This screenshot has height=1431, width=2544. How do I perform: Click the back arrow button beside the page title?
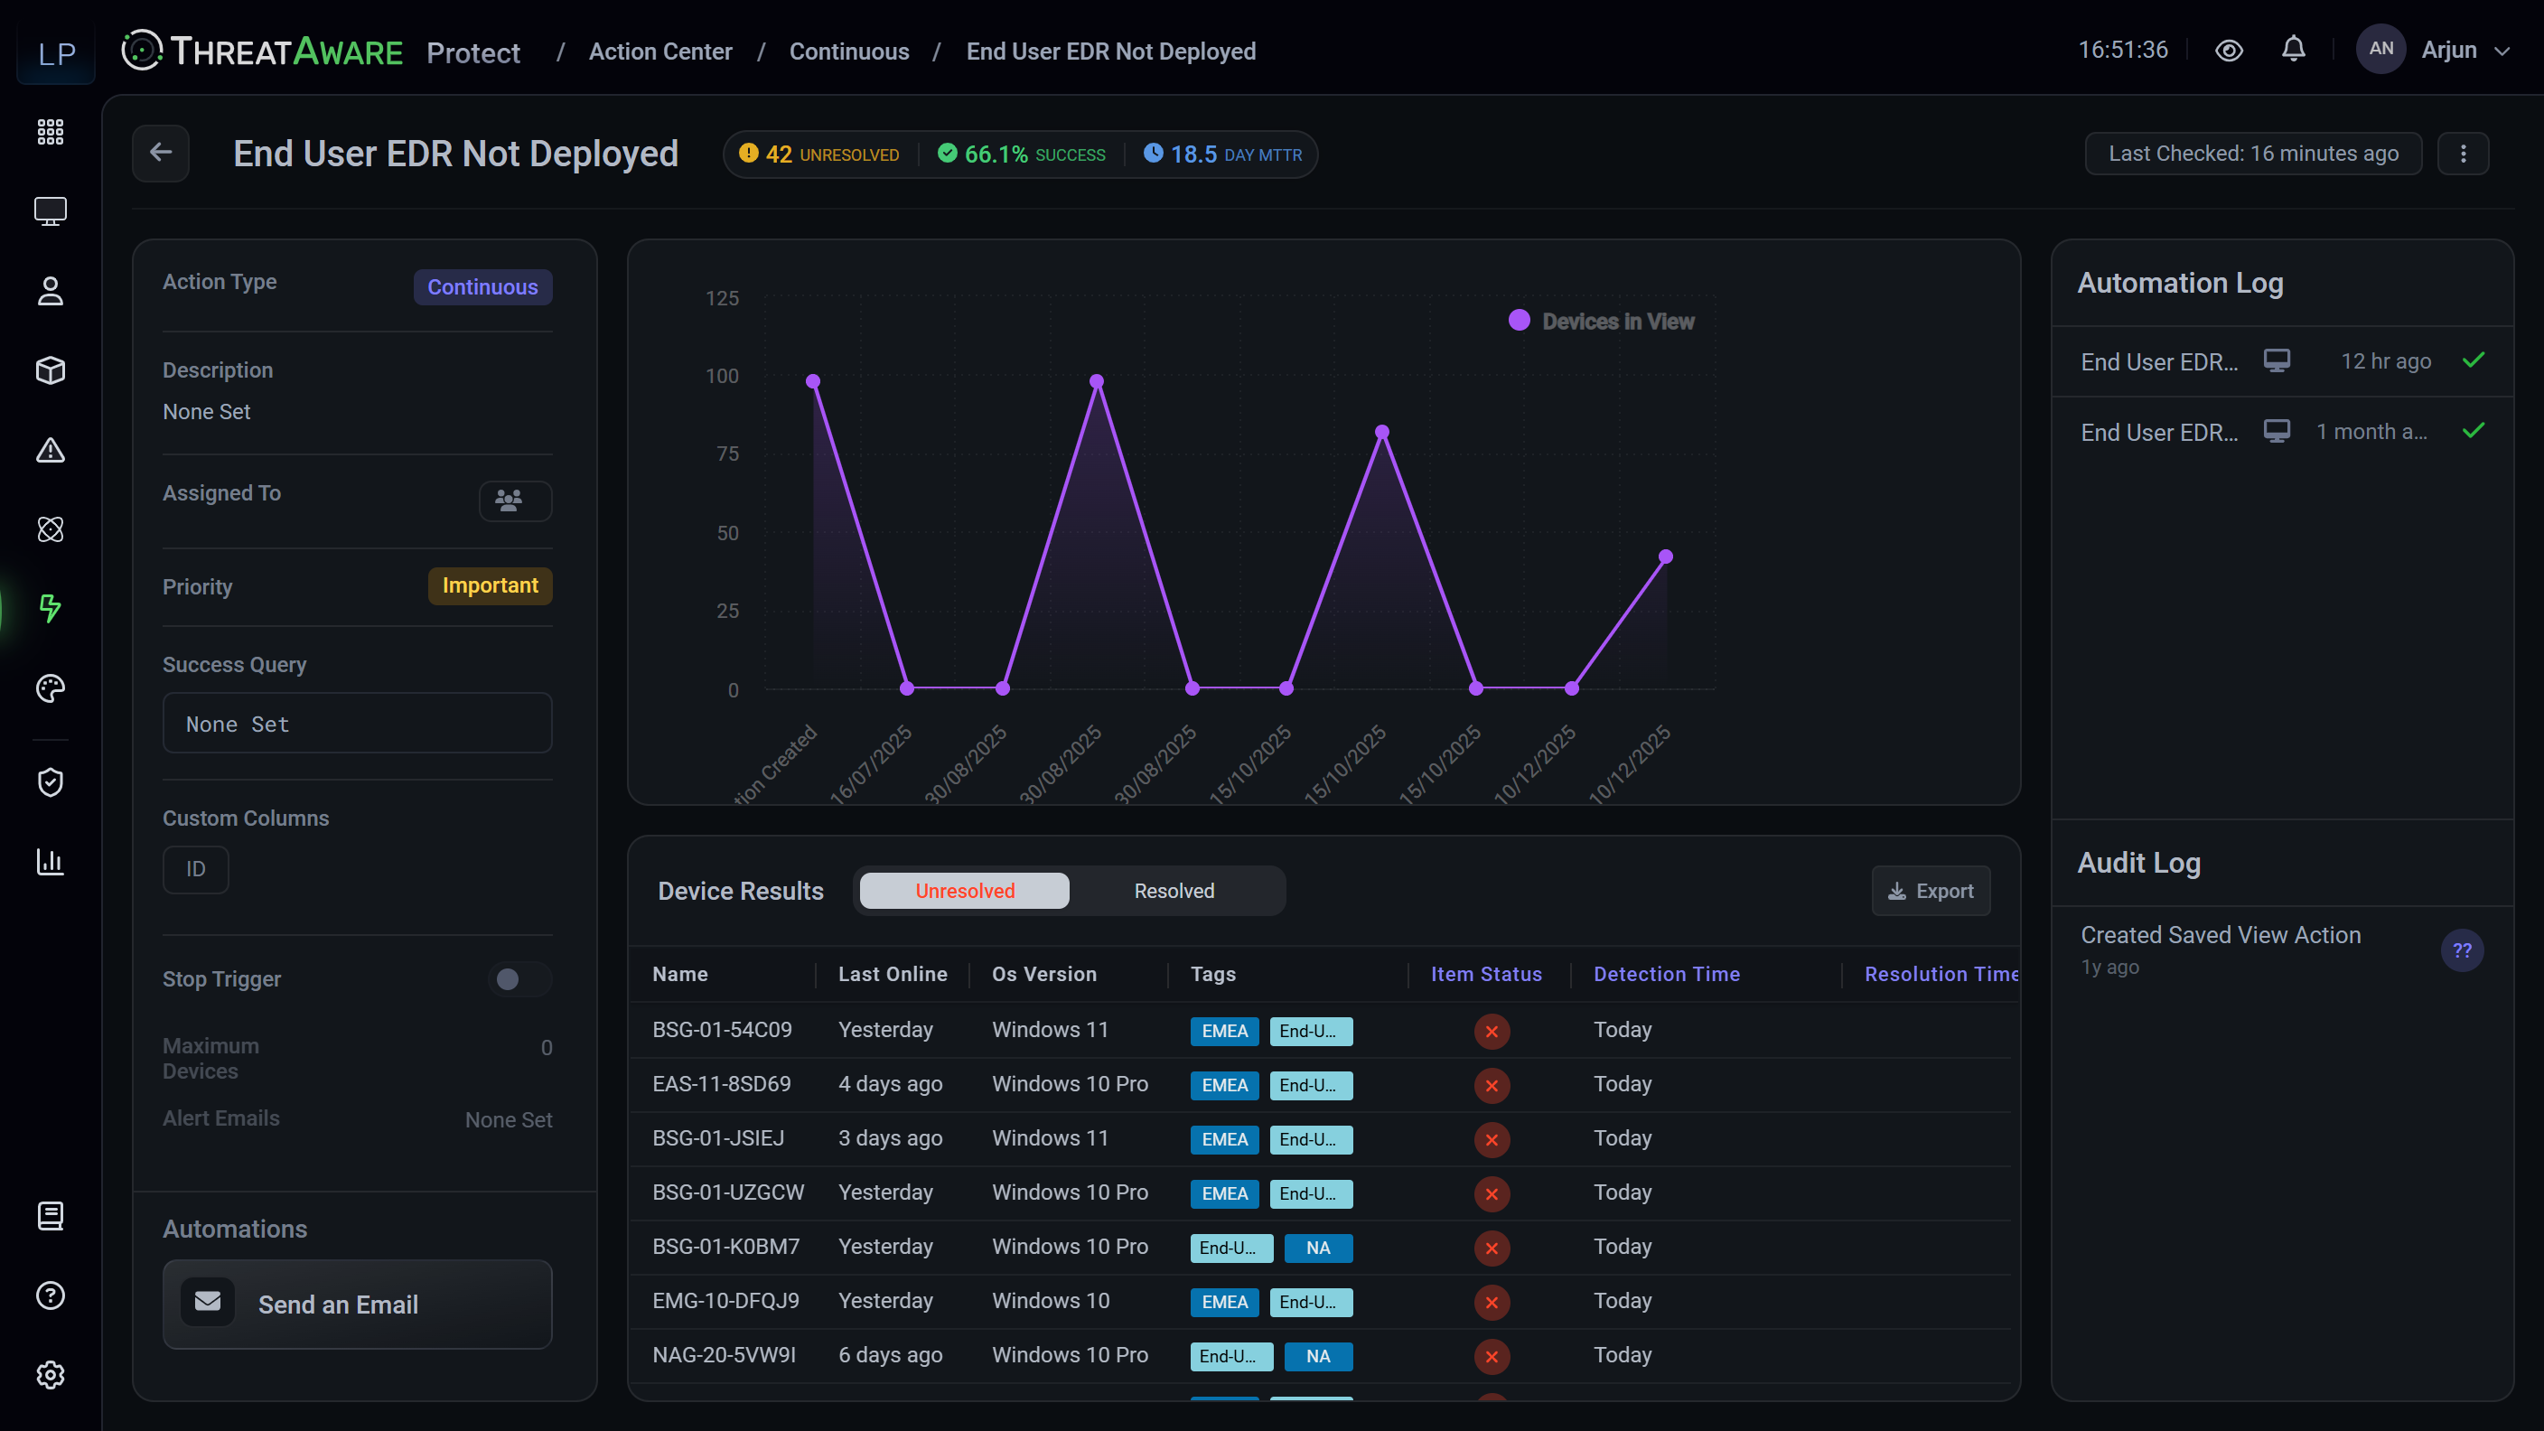point(161,153)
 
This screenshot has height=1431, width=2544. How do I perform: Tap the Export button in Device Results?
point(1931,891)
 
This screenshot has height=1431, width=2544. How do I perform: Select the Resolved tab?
point(1174,891)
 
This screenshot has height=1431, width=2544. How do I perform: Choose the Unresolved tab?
point(965,891)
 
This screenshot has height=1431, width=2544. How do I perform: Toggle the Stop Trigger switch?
point(519,978)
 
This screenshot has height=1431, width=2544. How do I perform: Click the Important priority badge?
point(490,585)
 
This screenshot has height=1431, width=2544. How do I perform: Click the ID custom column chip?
point(195,869)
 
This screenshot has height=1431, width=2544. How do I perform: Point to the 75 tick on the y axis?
point(727,454)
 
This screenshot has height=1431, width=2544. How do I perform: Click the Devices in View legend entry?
point(1601,321)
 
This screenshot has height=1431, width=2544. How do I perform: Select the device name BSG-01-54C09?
point(722,1030)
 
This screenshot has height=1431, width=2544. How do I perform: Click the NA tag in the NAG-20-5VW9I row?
point(1318,1356)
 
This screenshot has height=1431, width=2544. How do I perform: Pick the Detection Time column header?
point(1667,974)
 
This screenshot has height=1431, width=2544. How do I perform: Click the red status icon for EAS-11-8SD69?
point(1492,1085)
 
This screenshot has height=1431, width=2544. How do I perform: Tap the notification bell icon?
point(2293,50)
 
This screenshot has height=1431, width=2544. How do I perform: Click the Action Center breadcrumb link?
point(660,51)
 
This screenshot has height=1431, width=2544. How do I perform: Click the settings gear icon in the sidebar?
point(51,1375)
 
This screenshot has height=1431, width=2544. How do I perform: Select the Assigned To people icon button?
point(516,500)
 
